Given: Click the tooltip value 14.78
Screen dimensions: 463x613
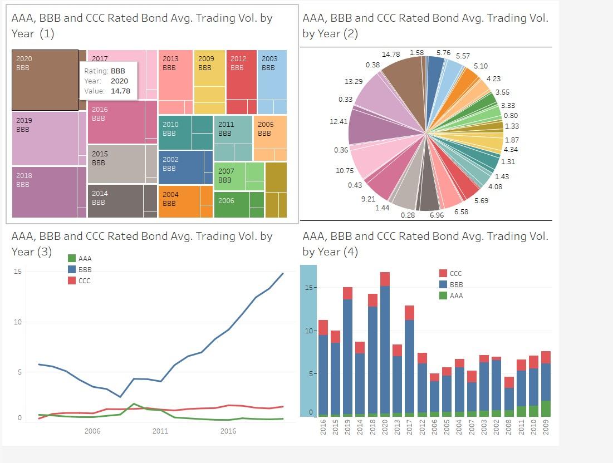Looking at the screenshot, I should coord(120,91).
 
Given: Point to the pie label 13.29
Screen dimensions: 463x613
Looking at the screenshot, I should coord(354,82).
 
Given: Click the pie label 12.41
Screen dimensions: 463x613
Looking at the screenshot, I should coord(339,121).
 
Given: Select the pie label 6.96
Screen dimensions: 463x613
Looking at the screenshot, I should coord(437,215).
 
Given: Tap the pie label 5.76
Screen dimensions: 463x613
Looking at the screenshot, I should coord(443,53).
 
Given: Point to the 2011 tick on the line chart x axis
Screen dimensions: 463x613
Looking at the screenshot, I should coord(160,431).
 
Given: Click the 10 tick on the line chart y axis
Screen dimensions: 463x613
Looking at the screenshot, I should coord(18,322).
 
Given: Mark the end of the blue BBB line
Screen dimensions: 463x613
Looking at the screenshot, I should coord(283,273).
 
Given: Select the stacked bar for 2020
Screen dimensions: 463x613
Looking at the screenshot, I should coord(385,345).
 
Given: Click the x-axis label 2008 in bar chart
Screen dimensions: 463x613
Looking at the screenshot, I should coord(508,427).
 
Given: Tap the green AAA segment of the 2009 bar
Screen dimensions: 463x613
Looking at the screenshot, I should coord(546,408).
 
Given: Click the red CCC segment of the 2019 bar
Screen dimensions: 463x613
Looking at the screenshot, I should coord(347,293).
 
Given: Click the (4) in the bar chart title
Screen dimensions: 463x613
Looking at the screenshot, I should coord(351,252).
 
